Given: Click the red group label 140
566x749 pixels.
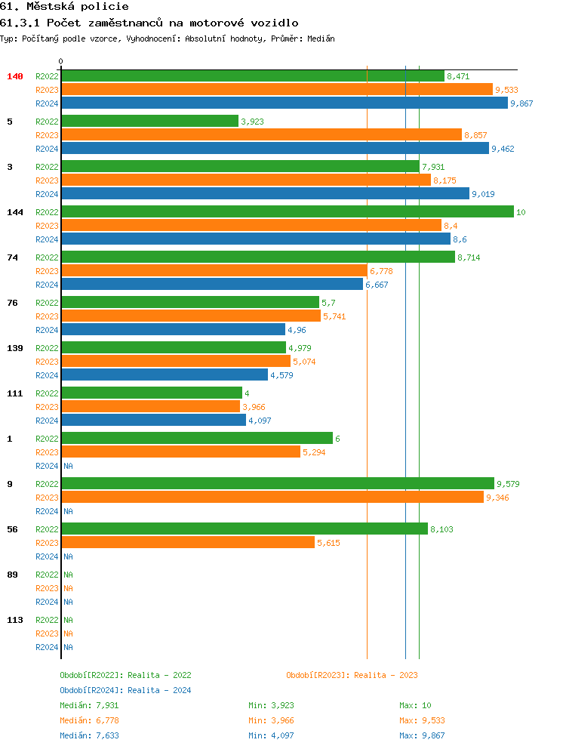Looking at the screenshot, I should [x=15, y=76].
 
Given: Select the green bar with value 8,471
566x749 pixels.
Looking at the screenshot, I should [x=253, y=76].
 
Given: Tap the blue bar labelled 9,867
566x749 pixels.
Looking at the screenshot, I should [x=285, y=103].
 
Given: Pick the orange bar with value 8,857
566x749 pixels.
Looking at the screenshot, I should [x=261, y=135].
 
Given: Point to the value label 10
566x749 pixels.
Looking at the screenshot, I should [x=521, y=212].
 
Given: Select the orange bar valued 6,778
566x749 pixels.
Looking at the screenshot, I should [x=214, y=271].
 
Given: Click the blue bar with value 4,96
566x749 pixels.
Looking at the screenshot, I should [x=174, y=330].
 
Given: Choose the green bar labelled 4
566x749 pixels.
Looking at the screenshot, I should [x=152, y=393].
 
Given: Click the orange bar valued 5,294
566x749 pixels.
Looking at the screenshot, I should [x=180, y=452].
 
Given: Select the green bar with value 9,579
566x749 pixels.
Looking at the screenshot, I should [x=278, y=484].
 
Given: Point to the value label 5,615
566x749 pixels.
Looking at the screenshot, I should [x=329, y=543].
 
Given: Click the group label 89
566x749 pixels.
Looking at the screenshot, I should [x=12, y=575].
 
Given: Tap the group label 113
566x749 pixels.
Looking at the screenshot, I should [x=14, y=620].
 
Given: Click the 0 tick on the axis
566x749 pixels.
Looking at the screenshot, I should [x=61, y=61].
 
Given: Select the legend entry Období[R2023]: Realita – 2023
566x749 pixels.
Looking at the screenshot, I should [x=352, y=675].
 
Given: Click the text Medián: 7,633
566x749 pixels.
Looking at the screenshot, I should [x=89, y=735].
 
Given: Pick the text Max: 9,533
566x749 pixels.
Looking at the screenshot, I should [x=420, y=720].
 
